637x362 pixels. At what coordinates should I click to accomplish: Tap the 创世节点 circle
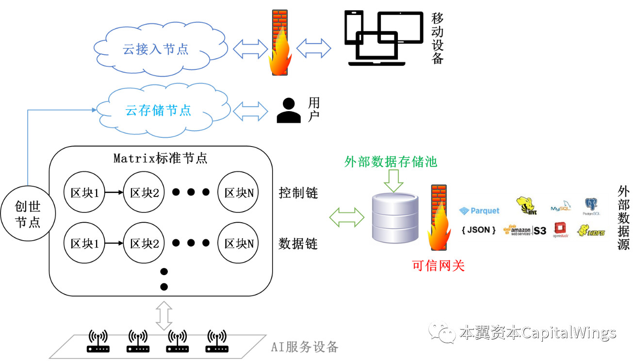[x=28, y=214]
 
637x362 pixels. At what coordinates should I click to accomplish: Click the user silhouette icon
[x=289, y=111]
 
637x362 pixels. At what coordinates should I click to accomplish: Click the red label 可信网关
[x=438, y=265]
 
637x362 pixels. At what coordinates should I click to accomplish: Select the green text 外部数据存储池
[x=391, y=162]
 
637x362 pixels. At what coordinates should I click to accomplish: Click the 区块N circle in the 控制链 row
[x=238, y=193]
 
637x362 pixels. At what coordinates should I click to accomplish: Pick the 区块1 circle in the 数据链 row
[x=84, y=243]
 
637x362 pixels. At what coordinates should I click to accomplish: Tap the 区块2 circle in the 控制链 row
[x=144, y=193]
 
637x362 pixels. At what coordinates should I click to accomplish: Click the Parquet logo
[x=479, y=211]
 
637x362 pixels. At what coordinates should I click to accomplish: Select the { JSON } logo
[x=478, y=230]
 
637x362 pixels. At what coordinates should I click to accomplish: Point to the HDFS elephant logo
[x=591, y=230]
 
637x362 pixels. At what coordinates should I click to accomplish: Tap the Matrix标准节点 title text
[x=160, y=158]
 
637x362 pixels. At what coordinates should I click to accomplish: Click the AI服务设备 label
[x=304, y=347]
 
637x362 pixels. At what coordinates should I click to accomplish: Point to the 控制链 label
[x=298, y=193]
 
